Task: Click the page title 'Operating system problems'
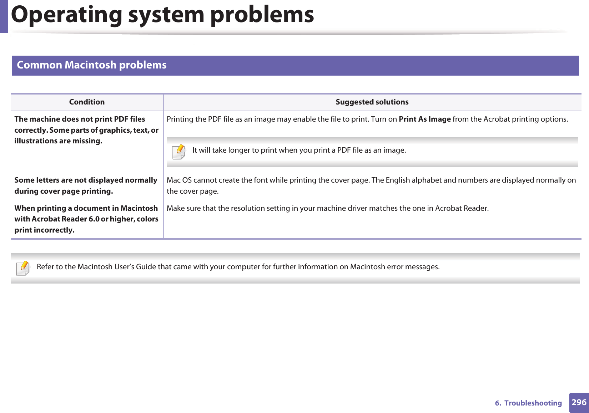pyautogui.click(x=162, y=15)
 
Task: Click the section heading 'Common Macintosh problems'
pyautogui.click(x=92, y=65)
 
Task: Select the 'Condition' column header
pyautogui.click(x=87, y=102)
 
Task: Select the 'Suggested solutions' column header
pyautogui.click(x=372, y=102)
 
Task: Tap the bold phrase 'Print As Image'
pyautogui.click(x=424, y=119)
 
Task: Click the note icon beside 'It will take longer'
pyautogui.click(x=178, y=152)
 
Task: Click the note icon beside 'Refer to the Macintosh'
pyautogui.click(x=23, y=268)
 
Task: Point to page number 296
pyautogui.click(x=579, y=402)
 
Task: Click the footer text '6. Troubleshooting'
pyautogui.click(x=528, y=403)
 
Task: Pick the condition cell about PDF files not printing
pyautogui.click(x=86, y=130)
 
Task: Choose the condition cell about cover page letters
pyautogui.click(x=86, y=185)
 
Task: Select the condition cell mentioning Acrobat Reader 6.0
pyautogui.click(x=86, y=219)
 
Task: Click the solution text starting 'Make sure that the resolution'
pyautogui.click(x=327, y=208)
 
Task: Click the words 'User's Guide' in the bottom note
pyautogui.click(x=135, y=267)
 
